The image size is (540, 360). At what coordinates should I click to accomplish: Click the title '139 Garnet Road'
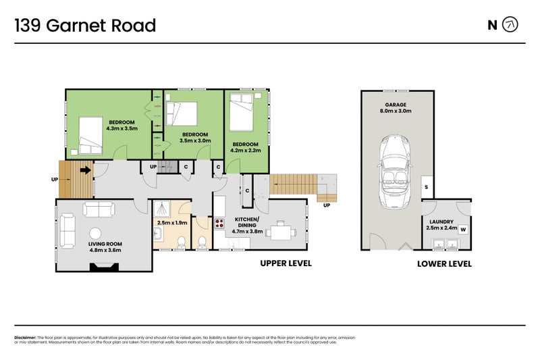click(85, 26)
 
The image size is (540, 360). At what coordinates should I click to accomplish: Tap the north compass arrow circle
click(511, 26)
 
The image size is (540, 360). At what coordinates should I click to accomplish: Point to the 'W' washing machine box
click(463, 229)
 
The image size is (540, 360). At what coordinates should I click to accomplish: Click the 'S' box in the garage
click(427, 187)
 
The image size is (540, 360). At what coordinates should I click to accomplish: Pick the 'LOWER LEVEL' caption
click(444, 264)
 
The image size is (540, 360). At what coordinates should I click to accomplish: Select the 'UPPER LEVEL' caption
click(286, 263)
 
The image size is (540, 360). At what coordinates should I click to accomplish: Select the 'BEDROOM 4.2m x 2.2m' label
click(245, 147)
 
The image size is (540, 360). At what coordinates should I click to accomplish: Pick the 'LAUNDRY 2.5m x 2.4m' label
click(441, 224)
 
